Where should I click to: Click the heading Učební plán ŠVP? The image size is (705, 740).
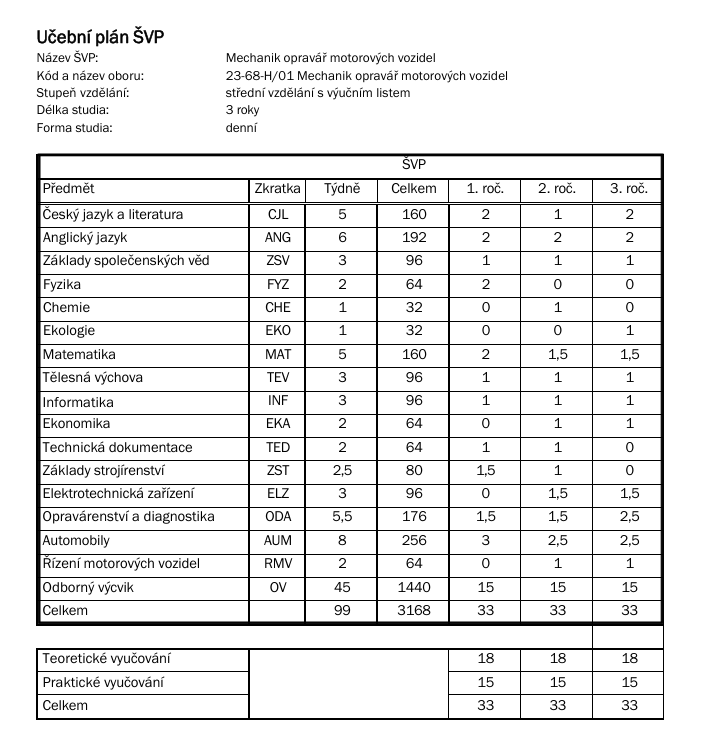click(x=100, y=37)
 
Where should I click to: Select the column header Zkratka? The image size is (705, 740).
click(x=278, y=189)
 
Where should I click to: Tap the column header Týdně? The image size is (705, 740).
click(x=342, y=189)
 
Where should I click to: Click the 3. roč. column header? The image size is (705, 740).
click(x=629, y=189)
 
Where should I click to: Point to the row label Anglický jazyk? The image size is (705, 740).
click(x=85, y=238)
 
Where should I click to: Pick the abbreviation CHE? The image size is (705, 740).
click(x=278, y=308)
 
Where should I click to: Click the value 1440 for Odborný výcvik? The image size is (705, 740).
click(x=413, y=587)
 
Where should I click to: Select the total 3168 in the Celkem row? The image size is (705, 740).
click(x=413, y=610)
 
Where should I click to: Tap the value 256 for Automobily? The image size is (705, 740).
click(x=413, y=541)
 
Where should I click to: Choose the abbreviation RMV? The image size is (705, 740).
click(x=278, y=564)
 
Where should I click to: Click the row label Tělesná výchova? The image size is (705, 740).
click(x=92, y=378)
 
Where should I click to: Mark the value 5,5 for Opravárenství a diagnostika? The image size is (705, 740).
click(x=342, y=517)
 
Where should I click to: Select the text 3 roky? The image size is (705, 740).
click(x=242, y=110)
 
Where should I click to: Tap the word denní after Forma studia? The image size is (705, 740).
click(x=241, y=128)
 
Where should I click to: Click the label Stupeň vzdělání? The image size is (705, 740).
click(x=83, y=93)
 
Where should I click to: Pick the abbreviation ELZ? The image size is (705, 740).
click(x=278, y=494)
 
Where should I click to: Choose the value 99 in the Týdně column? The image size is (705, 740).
click(x=342, y=610)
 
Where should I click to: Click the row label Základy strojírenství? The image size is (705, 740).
click(x=103, y=471)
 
